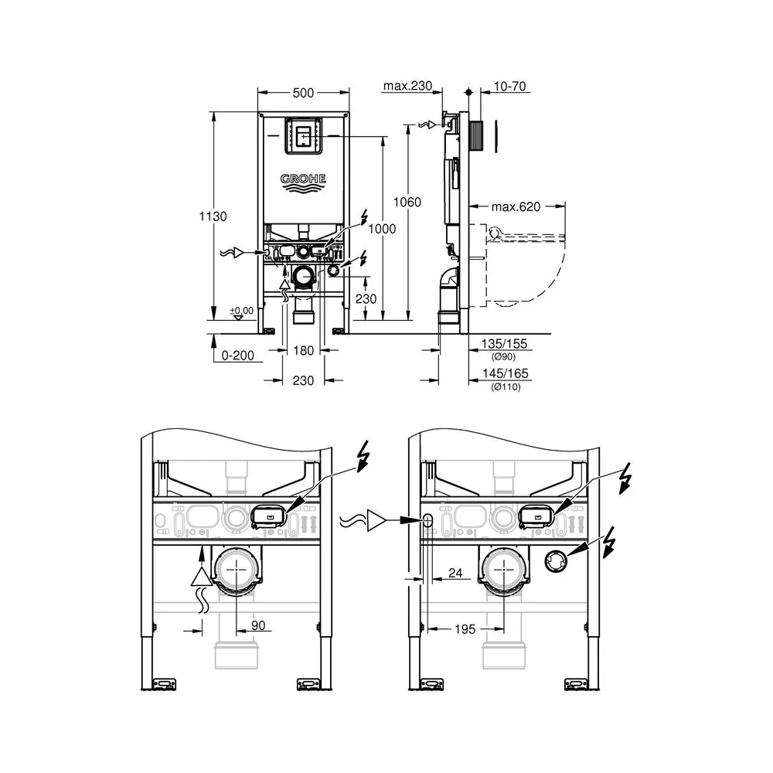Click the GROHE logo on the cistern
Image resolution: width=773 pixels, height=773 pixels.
point(303,183)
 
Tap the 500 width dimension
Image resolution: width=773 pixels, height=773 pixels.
point(303,93)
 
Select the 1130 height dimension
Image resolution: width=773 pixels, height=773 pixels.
point(213,216)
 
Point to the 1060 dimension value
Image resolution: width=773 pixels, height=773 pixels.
point(407,202)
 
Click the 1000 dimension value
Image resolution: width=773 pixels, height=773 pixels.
point(382,228)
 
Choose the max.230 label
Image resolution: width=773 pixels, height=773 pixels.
point(407,86)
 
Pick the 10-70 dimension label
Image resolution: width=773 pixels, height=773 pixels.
point(509,86)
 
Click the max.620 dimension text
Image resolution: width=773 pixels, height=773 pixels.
point(516,206)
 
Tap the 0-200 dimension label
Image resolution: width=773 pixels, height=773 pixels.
point(237,355)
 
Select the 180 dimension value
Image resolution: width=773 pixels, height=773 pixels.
point(303,350)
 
